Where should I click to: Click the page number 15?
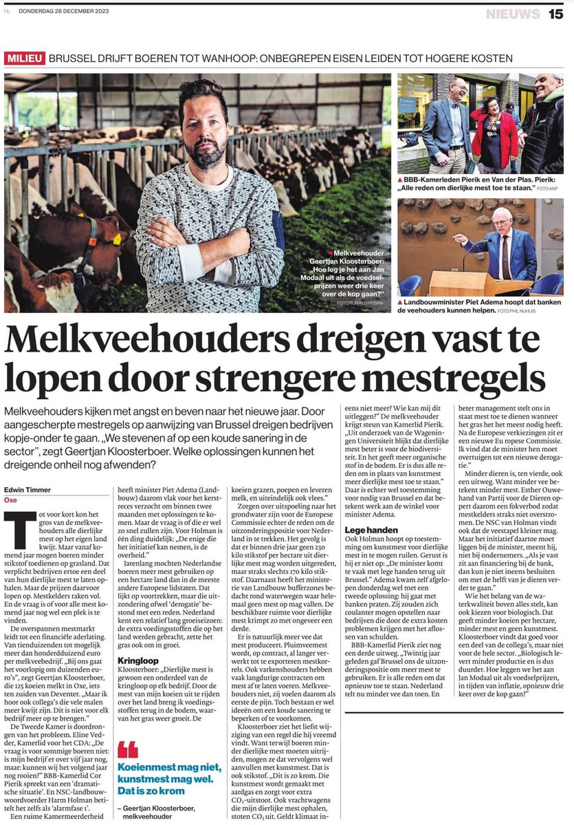click(555, 14)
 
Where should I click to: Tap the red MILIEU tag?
click(25, 58)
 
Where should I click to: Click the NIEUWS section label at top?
click(513, 14)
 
